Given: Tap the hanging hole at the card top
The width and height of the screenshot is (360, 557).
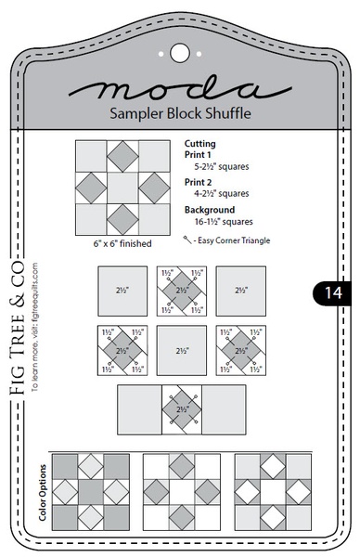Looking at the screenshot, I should pos(179,53).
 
